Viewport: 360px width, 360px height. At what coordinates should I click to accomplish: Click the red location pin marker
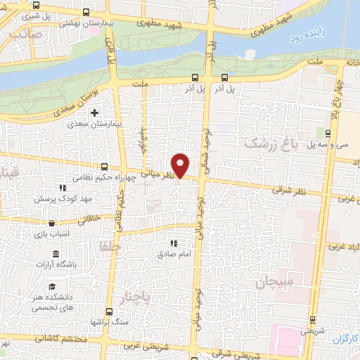point(181,165)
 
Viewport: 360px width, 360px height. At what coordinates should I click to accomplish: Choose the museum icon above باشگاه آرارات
point(55,254)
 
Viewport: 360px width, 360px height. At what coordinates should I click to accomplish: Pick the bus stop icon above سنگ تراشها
point(108,311)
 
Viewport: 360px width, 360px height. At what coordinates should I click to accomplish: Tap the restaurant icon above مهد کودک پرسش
point(63,188)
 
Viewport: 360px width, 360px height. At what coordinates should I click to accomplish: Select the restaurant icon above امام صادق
point(172,243)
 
